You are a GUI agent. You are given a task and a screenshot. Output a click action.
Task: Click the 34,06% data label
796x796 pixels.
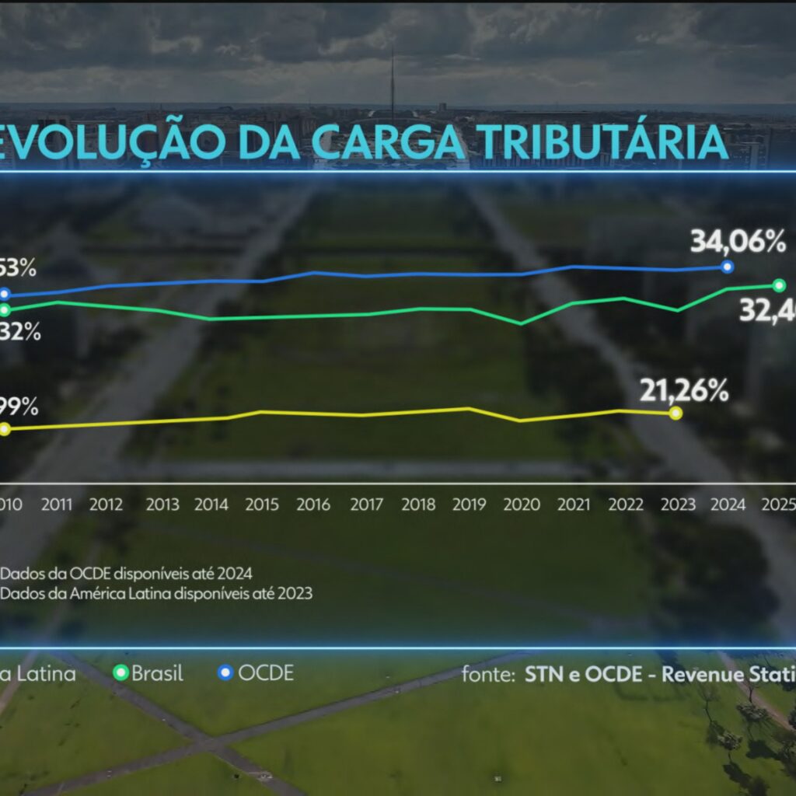coord(738,243)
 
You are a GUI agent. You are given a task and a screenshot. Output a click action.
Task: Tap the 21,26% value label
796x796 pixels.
coord(684,390)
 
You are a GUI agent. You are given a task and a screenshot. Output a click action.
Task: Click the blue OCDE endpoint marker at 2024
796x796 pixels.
coord(728,267)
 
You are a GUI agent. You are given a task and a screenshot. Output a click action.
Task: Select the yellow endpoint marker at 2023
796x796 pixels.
coord(676,413)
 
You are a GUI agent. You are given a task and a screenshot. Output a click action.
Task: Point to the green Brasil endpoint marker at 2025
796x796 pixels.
coord(780,285)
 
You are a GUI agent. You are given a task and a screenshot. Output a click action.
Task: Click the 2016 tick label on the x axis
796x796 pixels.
coord(313,504)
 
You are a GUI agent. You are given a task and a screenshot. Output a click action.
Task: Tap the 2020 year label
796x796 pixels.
coord(522,504)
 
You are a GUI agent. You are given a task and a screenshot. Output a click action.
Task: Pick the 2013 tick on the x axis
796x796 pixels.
coord(162,504)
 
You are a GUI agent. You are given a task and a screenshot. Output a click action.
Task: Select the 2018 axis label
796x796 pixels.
coord(418,504)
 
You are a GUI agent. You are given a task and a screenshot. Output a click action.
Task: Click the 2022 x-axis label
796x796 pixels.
coord(626,504)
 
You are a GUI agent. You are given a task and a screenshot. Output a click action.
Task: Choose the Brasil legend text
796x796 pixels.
coord(157,673)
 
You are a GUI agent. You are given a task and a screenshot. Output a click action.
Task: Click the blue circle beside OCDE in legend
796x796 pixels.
coord(226,673)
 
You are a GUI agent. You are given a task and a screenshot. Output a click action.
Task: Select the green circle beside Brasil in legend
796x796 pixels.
coord(120,673)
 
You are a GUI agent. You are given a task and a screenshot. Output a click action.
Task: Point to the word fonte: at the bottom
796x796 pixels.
coord(488,674)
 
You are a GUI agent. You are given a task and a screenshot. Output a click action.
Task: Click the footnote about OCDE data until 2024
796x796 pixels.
coord(127,574)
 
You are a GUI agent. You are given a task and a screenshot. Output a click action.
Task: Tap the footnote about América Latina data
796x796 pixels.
coord(156,593)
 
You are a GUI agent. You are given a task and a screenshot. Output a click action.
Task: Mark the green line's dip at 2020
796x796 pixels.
coord(521,323)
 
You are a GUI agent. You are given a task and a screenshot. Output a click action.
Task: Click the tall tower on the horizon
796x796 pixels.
coord(393,82)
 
